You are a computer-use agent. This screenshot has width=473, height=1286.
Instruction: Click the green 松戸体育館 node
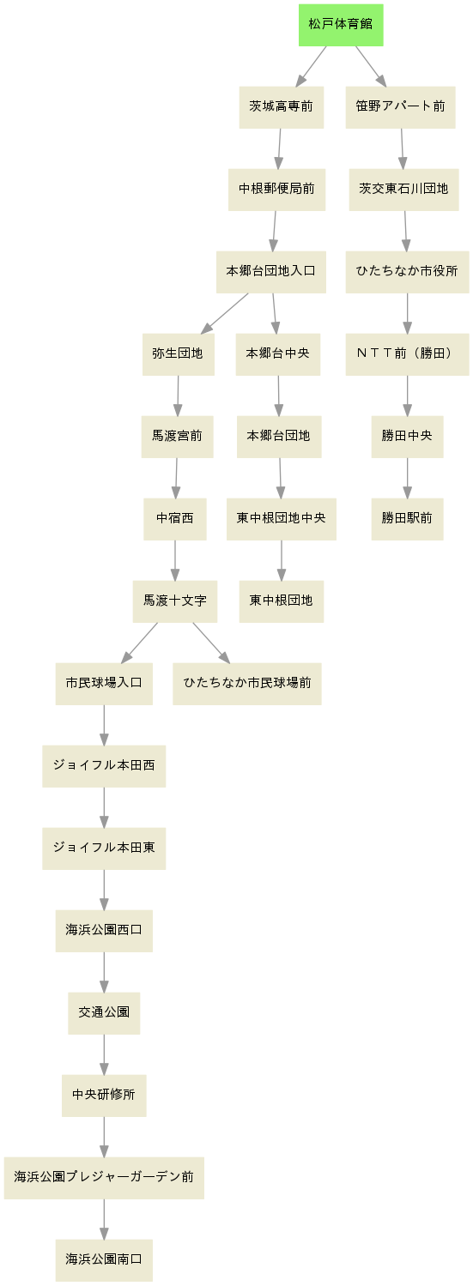[341, 25]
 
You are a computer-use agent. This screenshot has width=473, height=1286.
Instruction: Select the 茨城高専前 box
[281, 107]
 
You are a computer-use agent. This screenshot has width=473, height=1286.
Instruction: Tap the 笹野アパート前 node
[400, 107]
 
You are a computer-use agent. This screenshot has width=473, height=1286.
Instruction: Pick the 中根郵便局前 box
[276, 190]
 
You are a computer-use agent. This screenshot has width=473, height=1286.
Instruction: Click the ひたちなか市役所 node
[407, 272]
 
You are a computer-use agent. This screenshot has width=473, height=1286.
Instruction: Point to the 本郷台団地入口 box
[270, 272]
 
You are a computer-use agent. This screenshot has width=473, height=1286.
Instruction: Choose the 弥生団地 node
[179, 354]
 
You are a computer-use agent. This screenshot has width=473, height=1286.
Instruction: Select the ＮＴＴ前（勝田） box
[407, 354]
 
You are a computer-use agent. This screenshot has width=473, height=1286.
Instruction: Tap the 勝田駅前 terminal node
[407, 519]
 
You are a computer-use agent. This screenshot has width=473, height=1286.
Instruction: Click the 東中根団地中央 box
[281, 519]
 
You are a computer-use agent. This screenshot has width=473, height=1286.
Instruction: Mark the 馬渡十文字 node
[175, 601]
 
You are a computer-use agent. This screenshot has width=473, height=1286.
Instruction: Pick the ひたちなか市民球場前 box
[247, 684]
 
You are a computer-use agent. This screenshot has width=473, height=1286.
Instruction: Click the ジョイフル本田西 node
[104, 766]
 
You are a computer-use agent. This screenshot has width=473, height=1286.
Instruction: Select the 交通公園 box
[104, 1013]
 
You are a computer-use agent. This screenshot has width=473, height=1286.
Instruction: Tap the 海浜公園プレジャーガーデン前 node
[104, 1178]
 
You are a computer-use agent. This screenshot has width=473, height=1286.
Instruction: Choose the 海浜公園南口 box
[104, 1260]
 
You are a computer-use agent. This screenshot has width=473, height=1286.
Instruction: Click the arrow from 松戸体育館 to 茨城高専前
[311, 66]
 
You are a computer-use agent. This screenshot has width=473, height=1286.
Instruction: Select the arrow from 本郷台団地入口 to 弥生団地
[225, 313]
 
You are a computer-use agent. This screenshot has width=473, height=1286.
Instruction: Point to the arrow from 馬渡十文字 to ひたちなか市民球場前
[211, 643]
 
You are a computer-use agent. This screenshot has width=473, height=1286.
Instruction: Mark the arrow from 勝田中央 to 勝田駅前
[407, 478]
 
